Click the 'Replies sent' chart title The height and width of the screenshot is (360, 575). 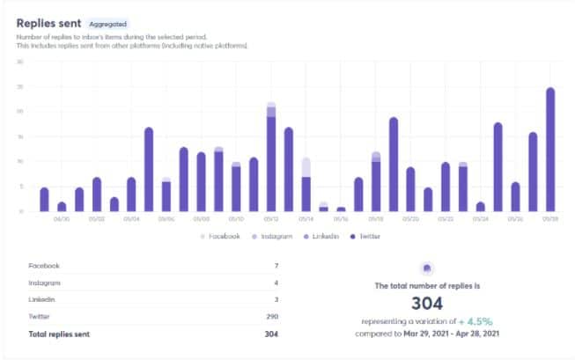coord(49,24)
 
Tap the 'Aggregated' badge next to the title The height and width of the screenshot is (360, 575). coord(108,25)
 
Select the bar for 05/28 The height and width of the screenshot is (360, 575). coord(550,150)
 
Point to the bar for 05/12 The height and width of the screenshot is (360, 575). coord(271,158)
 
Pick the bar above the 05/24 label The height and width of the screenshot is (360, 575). coord(481,207)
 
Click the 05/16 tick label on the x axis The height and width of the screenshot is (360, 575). coord(341,218)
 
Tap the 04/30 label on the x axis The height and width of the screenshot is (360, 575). coord(62,218)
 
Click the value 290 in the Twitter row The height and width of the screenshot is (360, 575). coord(271,317)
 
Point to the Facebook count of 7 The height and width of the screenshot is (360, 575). coord(276,265)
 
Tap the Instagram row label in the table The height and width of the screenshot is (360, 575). coord(44,283)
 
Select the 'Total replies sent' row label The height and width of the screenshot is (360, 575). coord(60,334)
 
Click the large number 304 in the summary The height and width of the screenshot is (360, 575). coord(426,302)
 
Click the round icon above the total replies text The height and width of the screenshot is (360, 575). coord(426,268)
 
